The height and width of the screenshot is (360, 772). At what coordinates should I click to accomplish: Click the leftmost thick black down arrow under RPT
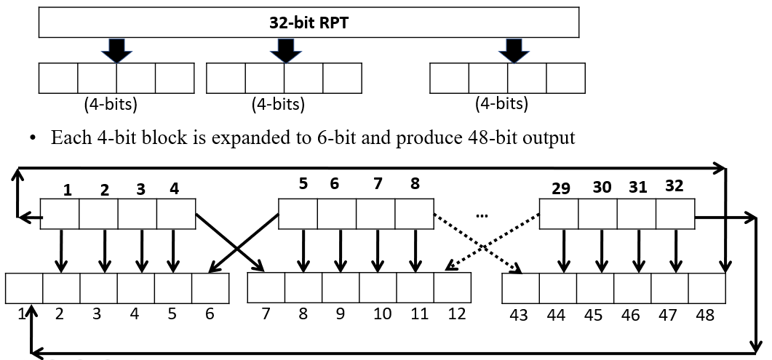[116, 49]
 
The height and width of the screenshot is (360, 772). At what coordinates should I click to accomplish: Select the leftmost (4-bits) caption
[111, 104]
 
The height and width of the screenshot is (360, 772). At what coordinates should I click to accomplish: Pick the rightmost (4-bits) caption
[501, 104]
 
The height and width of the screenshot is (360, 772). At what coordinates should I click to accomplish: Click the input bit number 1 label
[67, 190]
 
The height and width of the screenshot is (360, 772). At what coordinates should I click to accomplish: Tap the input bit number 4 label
[174, 189]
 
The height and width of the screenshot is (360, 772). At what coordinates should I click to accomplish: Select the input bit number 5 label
[303, 184]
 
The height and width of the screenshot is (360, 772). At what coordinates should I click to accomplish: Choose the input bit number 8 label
[415, 183]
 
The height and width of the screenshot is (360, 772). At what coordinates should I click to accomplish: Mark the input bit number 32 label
[674, 185]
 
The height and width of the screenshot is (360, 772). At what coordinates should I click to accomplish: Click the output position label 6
[210, 314]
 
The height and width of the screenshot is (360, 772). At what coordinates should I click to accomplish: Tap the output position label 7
[266, 314]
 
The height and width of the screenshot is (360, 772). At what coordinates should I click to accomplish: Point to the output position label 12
[456, 314]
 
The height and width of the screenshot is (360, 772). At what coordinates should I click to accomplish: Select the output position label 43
[519, 315]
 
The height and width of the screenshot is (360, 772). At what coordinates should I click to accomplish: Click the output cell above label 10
[378, 289]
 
